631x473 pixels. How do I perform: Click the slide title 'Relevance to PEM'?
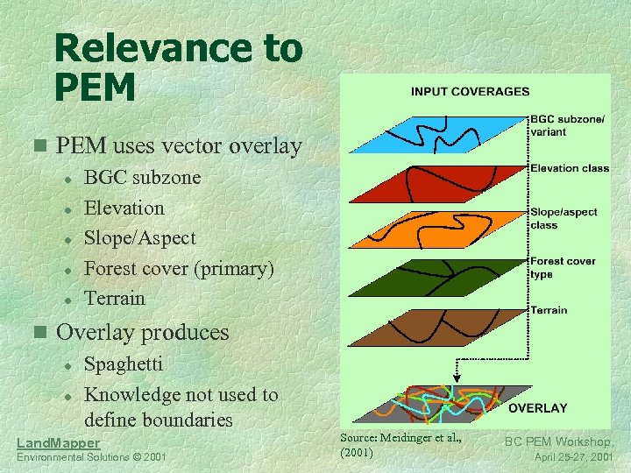click(x=177, y=67)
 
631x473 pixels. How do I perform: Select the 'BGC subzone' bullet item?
click(x=142, y=178)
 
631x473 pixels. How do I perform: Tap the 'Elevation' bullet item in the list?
click(x=124, y=208)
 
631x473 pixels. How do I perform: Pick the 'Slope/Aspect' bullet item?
click(x=139, y=238)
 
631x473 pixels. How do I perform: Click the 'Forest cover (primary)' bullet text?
click(x=179, y=268)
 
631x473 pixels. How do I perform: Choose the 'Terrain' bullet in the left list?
click(x=114, y=298)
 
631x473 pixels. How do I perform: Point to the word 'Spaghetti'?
click(x=123, y=364)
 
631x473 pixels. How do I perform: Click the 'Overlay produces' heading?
click(x=142, y=333)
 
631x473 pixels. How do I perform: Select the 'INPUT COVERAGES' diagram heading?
click(x=470, y=91)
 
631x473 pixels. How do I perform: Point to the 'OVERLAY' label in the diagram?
click(x=538, y=408)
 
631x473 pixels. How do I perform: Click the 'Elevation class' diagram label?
click(x=570, y=168)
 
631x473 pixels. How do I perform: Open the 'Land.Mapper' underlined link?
click(x=59, y=443)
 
